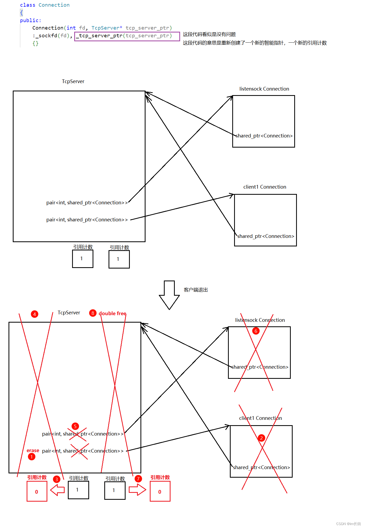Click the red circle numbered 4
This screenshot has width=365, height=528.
pyautogui.click(x=34, y=314)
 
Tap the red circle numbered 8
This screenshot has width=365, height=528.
pyautogui.click(x=93, y=313)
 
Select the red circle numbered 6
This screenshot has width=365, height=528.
pyautogui.click(x=256, y=331)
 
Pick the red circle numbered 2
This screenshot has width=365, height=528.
pyautogui.click(x=261, y=438)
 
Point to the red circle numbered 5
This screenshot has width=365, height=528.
pyautogui.click(x=75, y=426)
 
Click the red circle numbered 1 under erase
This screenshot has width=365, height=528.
pyautogui.click(x=31, y=457)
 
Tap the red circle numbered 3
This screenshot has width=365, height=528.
pyautogui.click(x=56, y=479)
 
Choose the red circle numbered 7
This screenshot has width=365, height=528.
pyautogui.click(x=138, y=479)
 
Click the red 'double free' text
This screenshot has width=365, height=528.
pyautogui.click(x=113, y=314)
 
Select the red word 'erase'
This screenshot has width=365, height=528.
pyautogui.click(x=33, y=450)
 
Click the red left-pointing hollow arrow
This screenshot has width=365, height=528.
pyautogui.click(x=57, y=490)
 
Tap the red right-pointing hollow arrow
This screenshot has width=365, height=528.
pyautogui.click(x=137, y=490)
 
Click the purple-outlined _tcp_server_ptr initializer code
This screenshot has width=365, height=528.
pyautogui.click(x=127, y=36)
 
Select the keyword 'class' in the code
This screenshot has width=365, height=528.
pyautogui.click(x=27, y=5)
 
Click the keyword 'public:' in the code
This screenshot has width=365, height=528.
pyautogui.click(x=31, y=21)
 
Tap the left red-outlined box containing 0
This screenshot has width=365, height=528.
pyautogui.click(x=37, y=492)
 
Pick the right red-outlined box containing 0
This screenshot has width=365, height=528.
pyautogui.click(x=160, y=492)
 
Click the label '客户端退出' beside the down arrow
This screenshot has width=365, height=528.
pyautogui.click(x=196, y=290)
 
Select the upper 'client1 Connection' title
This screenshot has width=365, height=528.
pyautogui.click(x=265, y=187)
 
